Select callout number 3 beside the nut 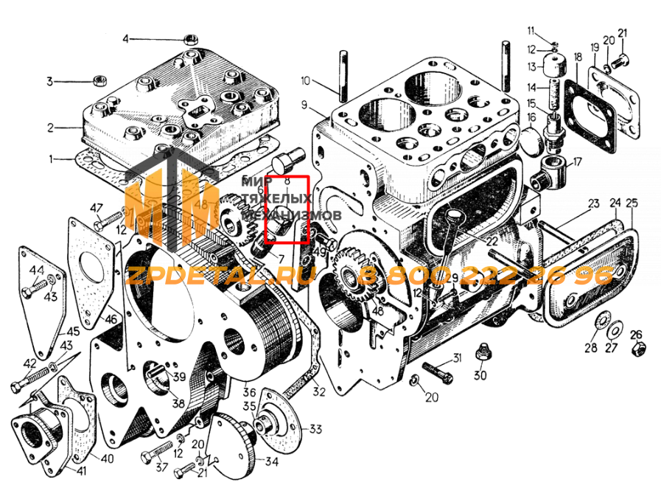[50, 81]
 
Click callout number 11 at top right [530, 30]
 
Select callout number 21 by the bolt [622, 32]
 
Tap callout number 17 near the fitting [577, 161]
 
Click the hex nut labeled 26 [638, 346]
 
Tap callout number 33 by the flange [315, 429]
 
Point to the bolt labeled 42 [24, 385]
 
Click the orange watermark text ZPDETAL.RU [221, 276]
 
